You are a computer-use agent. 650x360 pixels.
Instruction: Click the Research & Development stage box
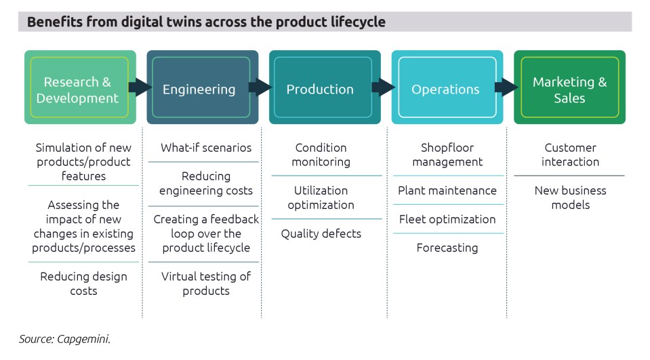coord(77,89)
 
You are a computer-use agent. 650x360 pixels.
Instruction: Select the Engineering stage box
coord(199,89)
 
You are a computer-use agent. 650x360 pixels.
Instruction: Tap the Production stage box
coord(320,89)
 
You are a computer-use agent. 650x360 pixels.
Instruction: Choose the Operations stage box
coord(445,89)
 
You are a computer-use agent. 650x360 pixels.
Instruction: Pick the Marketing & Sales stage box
coord(569,89)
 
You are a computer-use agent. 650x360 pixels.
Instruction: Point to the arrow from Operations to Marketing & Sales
coord(506,87)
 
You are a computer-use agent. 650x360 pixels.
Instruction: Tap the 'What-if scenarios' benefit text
coord(205,148)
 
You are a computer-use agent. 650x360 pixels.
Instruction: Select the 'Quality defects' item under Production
coord(321,234)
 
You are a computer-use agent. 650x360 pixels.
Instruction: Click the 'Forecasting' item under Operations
coord(447,247)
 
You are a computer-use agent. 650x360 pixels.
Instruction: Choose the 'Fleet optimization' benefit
coord(447,220)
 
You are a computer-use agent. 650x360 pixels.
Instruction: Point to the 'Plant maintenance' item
coord(447,191)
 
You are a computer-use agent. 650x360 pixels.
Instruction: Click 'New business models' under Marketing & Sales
coord(570,197)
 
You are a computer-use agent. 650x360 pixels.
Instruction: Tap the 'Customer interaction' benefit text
coord(570,155)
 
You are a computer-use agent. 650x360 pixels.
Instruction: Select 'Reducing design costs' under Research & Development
coord(83,283)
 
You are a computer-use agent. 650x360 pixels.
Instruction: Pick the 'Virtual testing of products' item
coord(205,283)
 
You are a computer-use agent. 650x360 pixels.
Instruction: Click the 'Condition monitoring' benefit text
coord(321,155)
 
